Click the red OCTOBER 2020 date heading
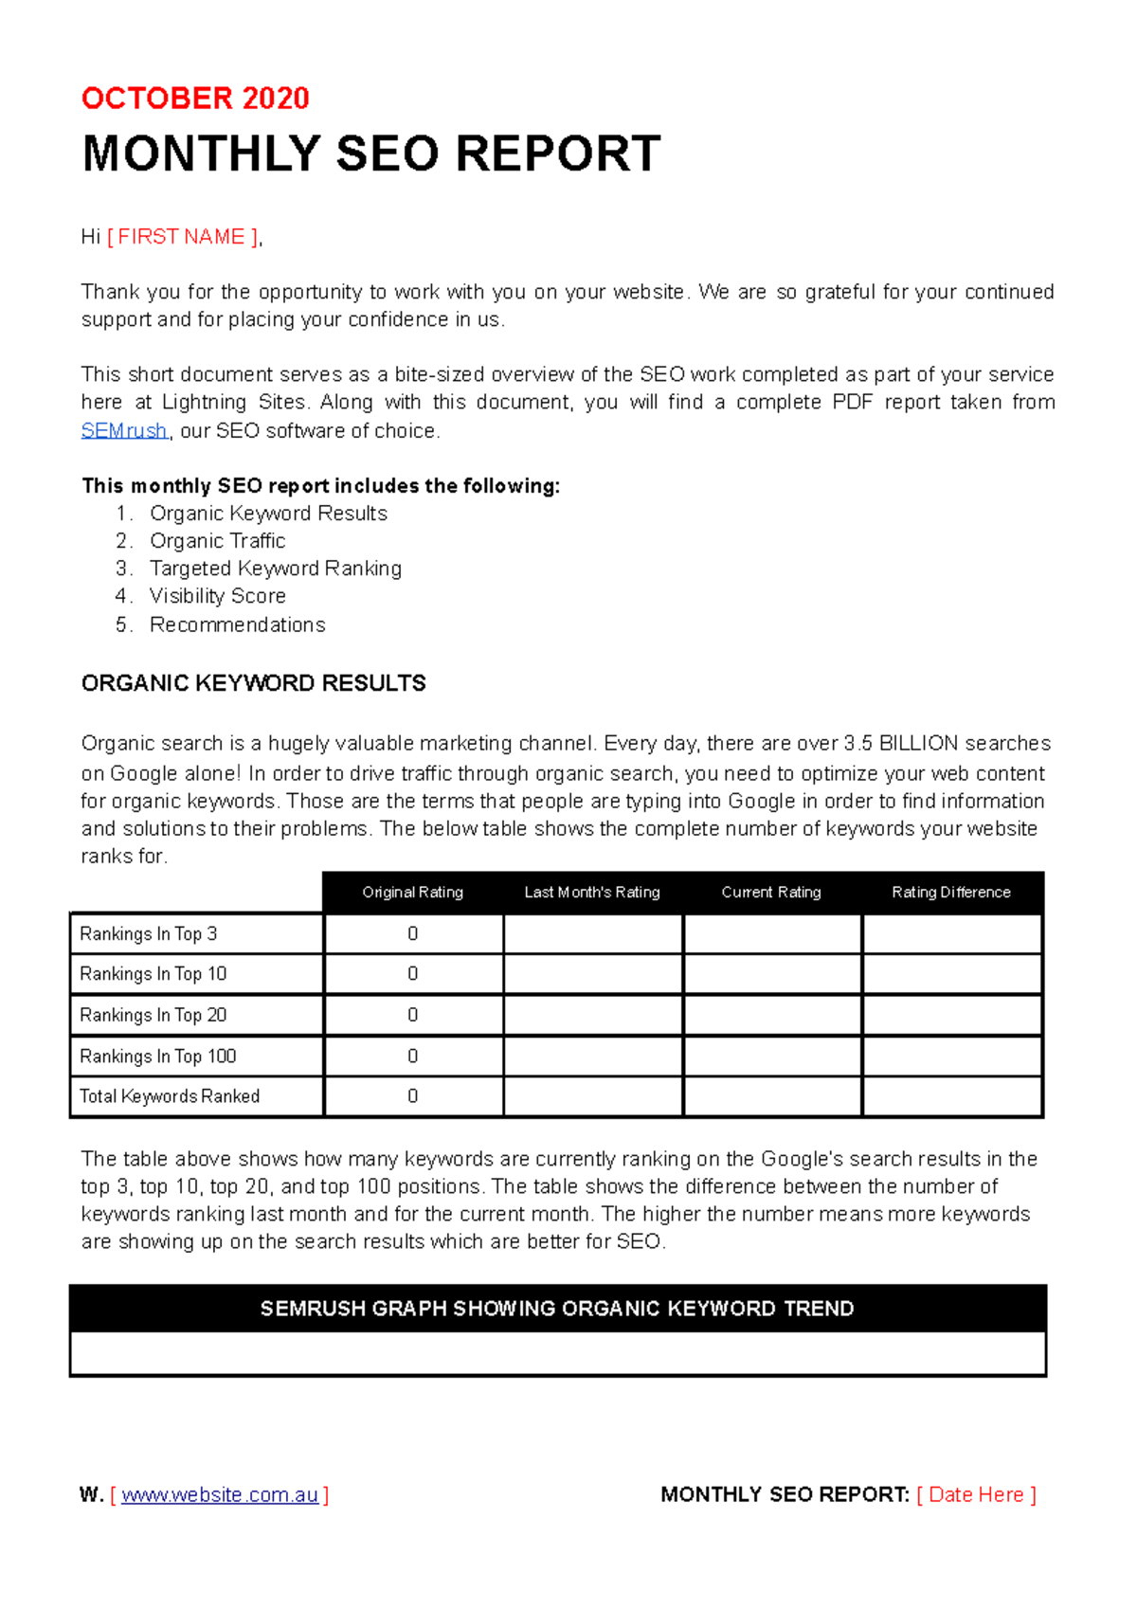click(x=195, y=99)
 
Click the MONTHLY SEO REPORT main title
click(x=370, y=154)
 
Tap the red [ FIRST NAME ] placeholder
click(x=182, y=237)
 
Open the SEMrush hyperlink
click(x=124, y=431)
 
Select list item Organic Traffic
click(x=217, y=541)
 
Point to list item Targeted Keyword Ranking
click(x=275, y=569)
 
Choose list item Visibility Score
click(x=217, y=596)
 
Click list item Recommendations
click(x=237, y=625)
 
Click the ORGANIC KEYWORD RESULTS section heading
click(x=253, y=683)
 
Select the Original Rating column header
click(x=412, y=893)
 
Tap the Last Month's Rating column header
click(x=592, y=893)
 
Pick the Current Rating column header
click(x=771, y=893)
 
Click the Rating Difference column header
click(x=951, y=893)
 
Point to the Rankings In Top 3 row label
click(x=148, y=934)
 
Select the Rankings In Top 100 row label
click(x=157, y=1057)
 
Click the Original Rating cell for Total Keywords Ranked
click(x=413, y=1096)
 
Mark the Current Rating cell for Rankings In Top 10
click(x=772, y=974)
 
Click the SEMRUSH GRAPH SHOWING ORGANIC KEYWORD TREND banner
click(x=557, y=1309)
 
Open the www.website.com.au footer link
click(x=220, y=1495)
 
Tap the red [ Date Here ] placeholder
click(x=977, y=1495)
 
